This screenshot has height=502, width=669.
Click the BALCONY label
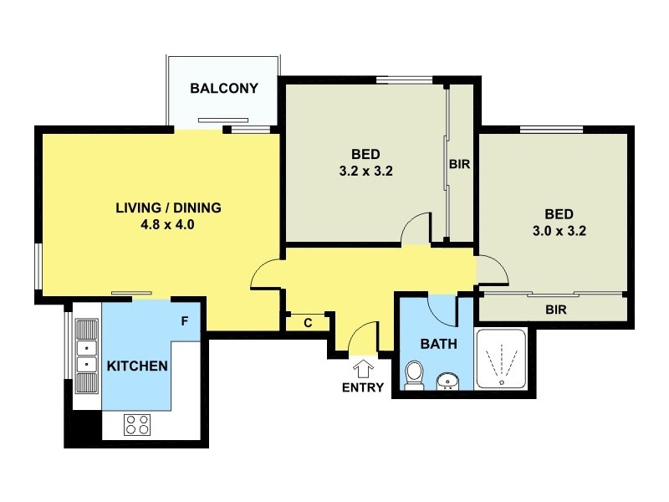(x=223, y=88)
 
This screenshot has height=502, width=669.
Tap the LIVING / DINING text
(x=168, y=207)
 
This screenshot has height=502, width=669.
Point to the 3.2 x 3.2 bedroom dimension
(x=365, y=171)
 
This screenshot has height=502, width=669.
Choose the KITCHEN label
(x=138, y=366)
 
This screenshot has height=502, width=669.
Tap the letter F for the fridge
(x=185, y=321)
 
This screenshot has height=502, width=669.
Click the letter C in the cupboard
(x=308, y=323)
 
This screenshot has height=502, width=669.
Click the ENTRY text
(x=363, y=387)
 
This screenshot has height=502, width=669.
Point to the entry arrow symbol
(x=364, y=368)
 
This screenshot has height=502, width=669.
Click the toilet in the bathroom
(x=413, y=374)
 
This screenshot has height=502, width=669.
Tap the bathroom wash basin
(x=448, y=382)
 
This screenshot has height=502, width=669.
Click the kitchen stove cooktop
(x=137, y=424)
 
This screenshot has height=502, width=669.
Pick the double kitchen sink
(x=85, y=356)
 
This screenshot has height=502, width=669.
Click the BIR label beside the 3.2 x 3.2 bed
(x=459, y=165)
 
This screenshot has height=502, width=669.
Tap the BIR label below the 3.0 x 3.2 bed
(x=556, y=310)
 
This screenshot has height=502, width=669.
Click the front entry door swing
(x=363, y=339)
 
